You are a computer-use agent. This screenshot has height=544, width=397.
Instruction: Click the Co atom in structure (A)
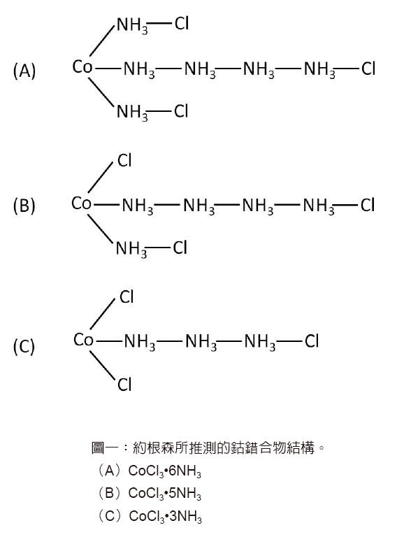click(82, 66)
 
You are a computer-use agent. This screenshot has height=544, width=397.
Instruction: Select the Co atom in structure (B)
click(82, 203)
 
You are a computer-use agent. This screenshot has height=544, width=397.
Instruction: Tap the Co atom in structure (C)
click(83, 340)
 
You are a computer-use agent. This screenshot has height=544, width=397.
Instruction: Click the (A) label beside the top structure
click(24, 71)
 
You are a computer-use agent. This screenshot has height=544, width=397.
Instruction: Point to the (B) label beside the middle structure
click(24, 206)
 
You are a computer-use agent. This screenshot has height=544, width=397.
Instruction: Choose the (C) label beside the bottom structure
click(24, 346)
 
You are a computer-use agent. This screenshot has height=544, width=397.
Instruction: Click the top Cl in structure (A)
click(182, 24)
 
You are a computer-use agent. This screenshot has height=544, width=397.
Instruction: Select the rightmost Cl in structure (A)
click(368, 69)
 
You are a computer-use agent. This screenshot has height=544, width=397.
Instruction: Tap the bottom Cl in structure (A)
click(181, 111)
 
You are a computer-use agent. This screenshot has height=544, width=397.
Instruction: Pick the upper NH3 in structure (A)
click(132, 26)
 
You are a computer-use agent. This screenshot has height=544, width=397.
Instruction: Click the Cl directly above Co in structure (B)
click(124, 160)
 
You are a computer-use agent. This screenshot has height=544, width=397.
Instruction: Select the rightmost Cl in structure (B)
click(368, 205)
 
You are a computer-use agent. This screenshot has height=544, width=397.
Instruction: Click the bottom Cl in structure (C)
click(124, 385)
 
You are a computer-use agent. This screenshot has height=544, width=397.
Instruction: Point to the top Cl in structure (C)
click(127, 297)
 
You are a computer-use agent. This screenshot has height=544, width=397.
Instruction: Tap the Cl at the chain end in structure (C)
click(311, 341)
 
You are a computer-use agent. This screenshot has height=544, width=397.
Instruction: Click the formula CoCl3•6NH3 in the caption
click(165, 471)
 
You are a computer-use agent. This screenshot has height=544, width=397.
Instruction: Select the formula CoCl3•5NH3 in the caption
click(165, 494)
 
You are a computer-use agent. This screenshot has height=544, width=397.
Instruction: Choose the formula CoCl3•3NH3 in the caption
click(165, 516)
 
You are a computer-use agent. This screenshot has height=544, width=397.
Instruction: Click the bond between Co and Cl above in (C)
click(102, 314)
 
